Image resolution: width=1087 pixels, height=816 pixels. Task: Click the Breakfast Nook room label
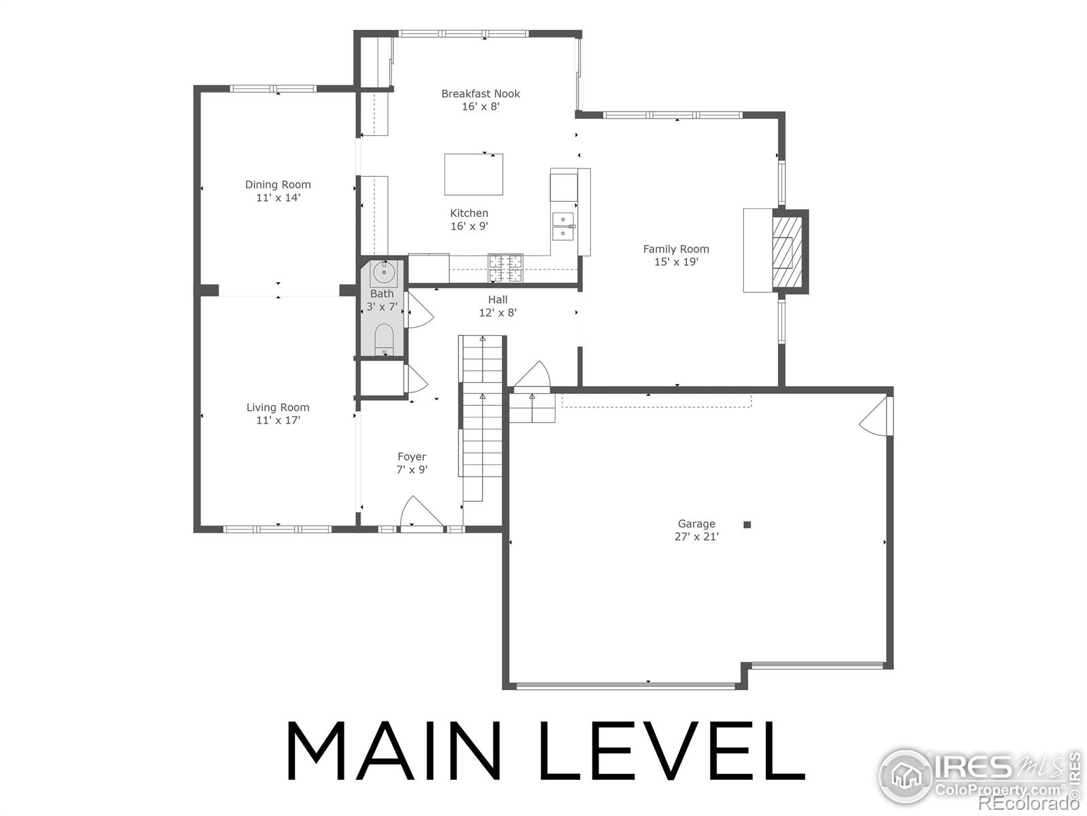(x=480, y=94)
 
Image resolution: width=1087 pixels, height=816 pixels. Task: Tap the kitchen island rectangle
(x=474, y=175)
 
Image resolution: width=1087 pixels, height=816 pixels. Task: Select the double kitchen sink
(x=563, y=226)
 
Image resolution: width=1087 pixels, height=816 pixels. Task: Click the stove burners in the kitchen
(x=505, y=267)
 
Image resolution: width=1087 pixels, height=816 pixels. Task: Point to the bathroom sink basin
(x=383, y=273)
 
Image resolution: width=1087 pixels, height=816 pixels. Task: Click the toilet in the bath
(x=384, y=339)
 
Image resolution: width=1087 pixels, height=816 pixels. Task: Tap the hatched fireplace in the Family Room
(x=786, y=252)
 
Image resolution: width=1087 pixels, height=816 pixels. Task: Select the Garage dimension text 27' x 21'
(x=696, y=537)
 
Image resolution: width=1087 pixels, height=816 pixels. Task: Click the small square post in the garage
(x=747, y=524)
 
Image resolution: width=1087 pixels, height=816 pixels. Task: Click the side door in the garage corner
(x=876, y=417)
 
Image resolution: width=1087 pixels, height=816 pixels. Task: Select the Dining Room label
(x=278, y=184)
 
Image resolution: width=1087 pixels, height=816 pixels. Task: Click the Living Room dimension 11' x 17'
(x=278, y=420)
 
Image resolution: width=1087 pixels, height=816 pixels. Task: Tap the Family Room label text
(x=676, y=249)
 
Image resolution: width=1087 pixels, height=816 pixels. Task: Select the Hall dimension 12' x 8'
(x=497, y=313)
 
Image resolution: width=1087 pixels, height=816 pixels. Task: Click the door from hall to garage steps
(x=533, y=376)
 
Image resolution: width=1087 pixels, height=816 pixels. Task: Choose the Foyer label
(x=412, y=457)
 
